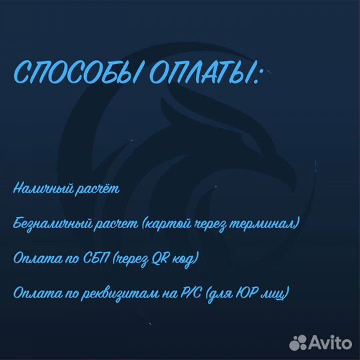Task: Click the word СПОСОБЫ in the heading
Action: [x=70, y=75]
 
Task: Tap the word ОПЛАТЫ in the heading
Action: [x=193, y=75]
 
